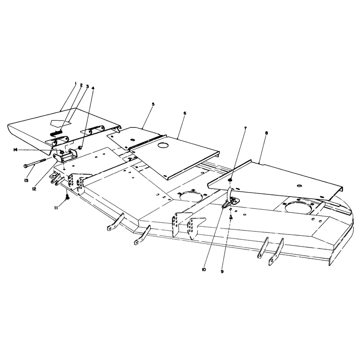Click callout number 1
tap(76, 83)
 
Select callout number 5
tap(153, 104)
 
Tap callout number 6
tap(185, 113)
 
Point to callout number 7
tap(245, 128)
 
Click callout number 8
tap(266, 133)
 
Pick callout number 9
tap(222, 271)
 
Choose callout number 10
tap(204, 270)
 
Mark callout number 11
tap(56, 207)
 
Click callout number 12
tap(34, 189)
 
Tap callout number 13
tap(27, 180)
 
